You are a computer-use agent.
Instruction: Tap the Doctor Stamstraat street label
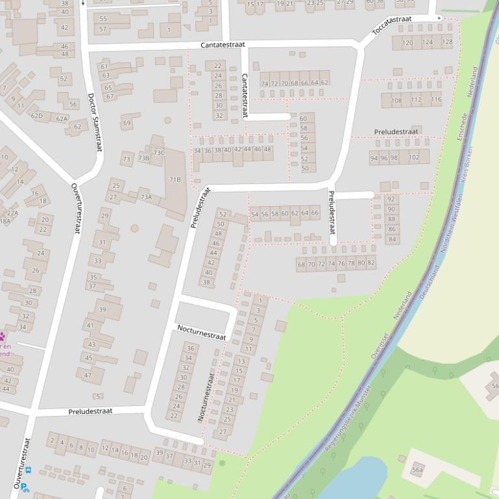point(95,122)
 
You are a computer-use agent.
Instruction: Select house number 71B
point(175,180)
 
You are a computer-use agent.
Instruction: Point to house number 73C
point(158,153)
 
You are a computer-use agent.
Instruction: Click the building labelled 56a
point(417,470)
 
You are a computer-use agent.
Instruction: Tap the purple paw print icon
point(3,336)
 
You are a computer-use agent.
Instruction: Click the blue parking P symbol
point(23,487)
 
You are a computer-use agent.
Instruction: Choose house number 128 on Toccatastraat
point(446,42)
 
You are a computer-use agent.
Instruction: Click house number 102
point(414,157)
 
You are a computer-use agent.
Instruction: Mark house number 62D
point(37,116)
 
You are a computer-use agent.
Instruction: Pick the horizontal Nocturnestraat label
point(201,332)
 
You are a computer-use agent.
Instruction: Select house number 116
point(436,100)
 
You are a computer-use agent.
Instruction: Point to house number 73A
point(146,197)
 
